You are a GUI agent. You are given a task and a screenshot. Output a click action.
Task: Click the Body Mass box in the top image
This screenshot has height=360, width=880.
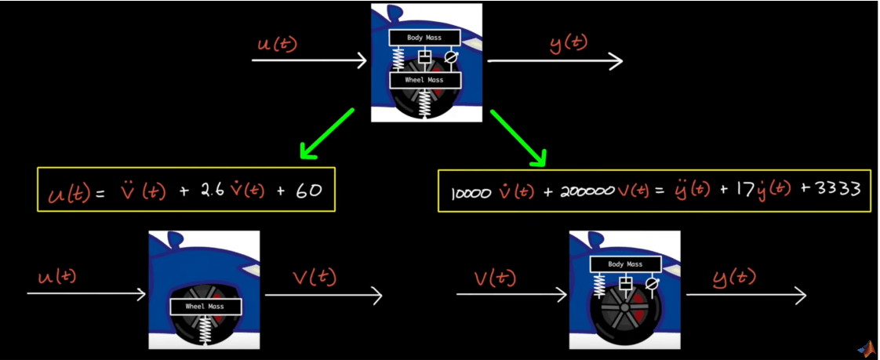click(x=424, y=38)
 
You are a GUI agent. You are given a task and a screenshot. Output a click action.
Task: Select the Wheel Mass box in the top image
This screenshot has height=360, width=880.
click(x=424, y=80)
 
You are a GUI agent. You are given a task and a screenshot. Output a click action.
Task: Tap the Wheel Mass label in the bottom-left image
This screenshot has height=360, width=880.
click(x=205, y=306)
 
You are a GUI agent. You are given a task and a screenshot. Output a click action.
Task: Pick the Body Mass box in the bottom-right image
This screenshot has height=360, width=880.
click(x=624, y=264)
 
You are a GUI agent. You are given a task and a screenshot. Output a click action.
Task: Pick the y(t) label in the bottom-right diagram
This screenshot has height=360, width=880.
click(x=735, y=277)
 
